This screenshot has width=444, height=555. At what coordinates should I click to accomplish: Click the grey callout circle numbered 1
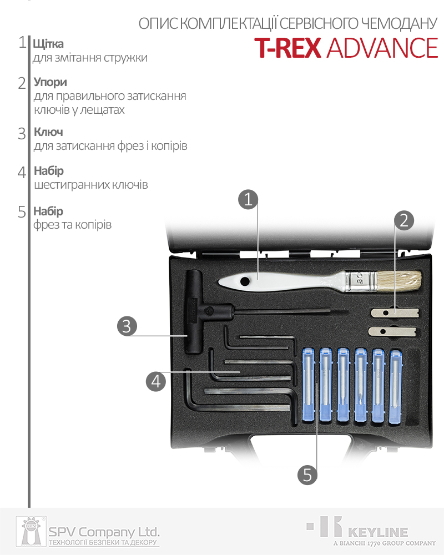click(248, 199)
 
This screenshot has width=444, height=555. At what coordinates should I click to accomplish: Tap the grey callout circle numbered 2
click(404, 220)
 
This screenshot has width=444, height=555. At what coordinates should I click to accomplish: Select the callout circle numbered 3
click(127, 326)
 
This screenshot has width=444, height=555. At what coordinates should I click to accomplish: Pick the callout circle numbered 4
click(156, 381)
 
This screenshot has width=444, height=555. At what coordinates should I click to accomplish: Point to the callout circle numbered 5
click(307, 475)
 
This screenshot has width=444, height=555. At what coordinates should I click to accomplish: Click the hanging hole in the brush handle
click(244, 282)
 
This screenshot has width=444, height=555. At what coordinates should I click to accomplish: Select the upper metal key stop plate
click(395, 312)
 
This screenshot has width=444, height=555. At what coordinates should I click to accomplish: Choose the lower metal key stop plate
click(392, 332)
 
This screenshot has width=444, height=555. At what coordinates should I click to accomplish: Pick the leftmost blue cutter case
click(309, 385)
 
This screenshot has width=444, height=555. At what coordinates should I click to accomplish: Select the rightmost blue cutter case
click(396, 386)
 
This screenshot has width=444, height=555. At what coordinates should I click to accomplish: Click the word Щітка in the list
click(48, 44)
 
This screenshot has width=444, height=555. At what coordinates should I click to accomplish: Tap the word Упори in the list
click(51, 82)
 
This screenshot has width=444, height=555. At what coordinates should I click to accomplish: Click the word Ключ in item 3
click(48, 132)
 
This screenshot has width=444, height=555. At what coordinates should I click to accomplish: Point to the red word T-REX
click(287, 48)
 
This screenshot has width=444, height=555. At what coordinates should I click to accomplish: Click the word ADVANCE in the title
click(382, 48)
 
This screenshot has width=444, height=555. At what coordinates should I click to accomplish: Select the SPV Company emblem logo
click(31, 531)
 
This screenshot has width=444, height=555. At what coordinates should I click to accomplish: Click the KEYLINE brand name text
click(378, 532)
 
